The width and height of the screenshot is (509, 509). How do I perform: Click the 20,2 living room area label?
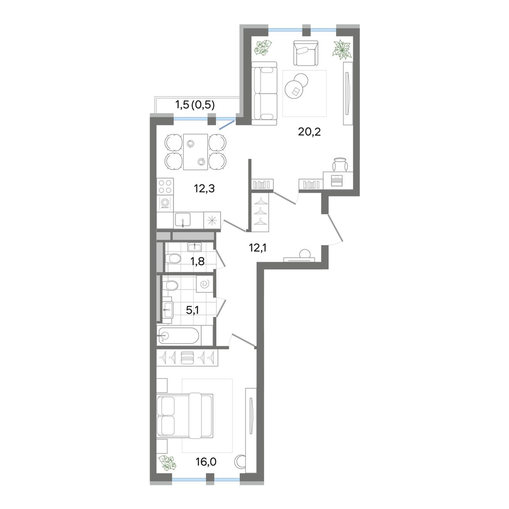click(x=309, y=132)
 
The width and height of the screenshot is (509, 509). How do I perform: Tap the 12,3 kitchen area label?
click(x=204, y=189)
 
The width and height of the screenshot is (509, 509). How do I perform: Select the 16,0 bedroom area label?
click(x=206, y=461)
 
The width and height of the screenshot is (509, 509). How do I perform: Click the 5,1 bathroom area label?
click(x=192, y=310)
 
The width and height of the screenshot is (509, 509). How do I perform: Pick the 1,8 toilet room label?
click(x=197, y=261)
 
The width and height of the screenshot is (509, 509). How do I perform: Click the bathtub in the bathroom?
click(x=179, y=336)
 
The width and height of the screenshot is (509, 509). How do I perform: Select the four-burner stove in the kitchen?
click(x=165, y=187)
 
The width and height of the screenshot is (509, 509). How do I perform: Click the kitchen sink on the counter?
click(x=183, y=220)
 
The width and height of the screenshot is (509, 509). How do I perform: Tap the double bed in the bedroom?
click(x=185, y=415)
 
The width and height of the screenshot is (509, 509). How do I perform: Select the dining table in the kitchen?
click(x=195, y=152)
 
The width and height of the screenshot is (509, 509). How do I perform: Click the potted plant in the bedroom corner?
click(x=167, y=463)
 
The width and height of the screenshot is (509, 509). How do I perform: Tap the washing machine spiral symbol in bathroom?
click(x=205, y=284)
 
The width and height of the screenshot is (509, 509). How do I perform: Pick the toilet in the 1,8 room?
click(x=173, y=259)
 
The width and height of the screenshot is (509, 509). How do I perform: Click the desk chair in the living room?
click(x=340, y=164)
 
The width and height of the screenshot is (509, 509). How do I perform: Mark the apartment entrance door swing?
click(x=335, y=229)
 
